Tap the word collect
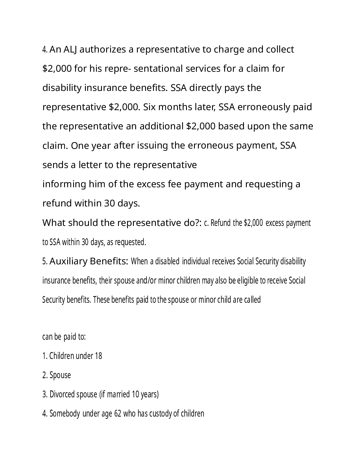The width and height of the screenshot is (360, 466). [x=280, y=50]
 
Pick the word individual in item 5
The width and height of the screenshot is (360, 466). [x=196, y=261]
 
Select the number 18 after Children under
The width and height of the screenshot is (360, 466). [x=99, y=356]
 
